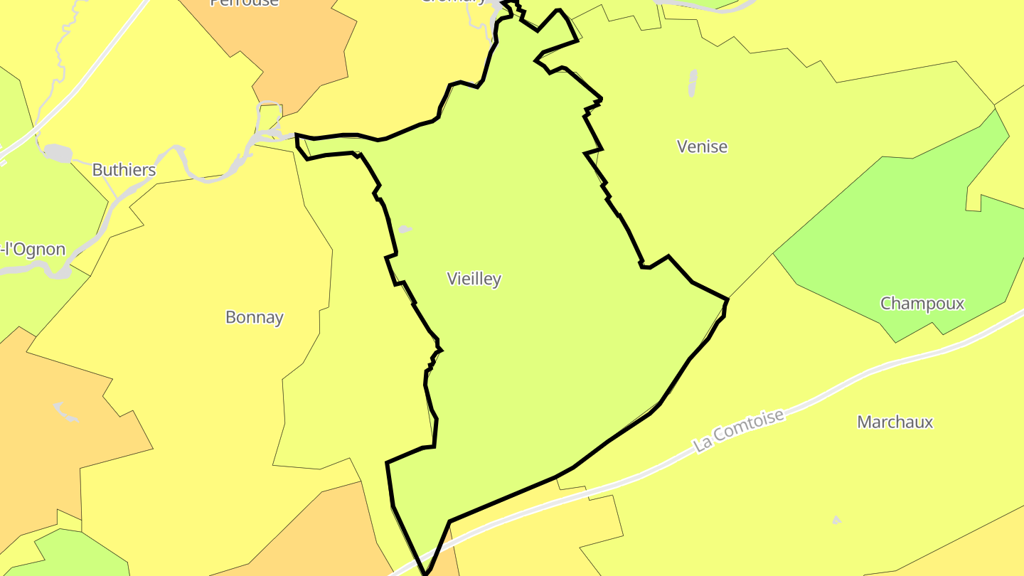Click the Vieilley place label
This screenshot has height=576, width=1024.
pyautogui.click(x=474, y=279)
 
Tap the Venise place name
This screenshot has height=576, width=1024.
pyautogui.click(x=702, y=146)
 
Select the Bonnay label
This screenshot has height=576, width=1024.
pyautogui.click(x=255, y=317)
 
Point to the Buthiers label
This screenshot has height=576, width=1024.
pyautogui.click(x=124, y=170)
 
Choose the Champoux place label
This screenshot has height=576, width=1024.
pyautogui.click(x=922, y=304)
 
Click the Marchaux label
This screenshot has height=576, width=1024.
pyautogui.click(x=895, y=422)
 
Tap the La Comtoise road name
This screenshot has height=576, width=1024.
pyautogui.click(x=740, y=430)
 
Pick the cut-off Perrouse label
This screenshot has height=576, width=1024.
pyautogui.click(x=244, y=3)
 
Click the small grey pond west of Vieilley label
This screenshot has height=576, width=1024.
pyautogui.click(x=404, y=229)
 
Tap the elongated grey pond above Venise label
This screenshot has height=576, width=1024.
pyautogui.click(x=693, y=82)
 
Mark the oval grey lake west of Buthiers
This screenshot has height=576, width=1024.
pyautogui.click(x=57, y=153)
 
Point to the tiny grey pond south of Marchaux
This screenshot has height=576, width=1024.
pyautogui.click(x=836, y=521)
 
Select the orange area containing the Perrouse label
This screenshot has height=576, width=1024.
pyautogui.click(x=299, y=50)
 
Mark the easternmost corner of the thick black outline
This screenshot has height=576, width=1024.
pyautogui.click(x=728, y=299)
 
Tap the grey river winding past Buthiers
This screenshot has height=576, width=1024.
pyautogui.click(x=192, y=171)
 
